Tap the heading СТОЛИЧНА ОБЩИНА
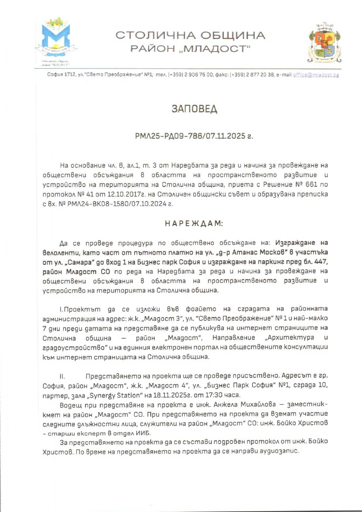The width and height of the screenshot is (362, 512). tap(190, 35)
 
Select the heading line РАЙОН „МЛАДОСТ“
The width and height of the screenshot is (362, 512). tap(190, 49)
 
